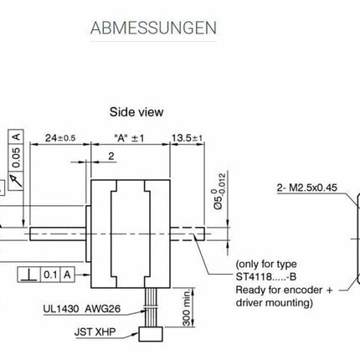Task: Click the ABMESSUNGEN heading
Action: pyautogui.click(x=153, y=28)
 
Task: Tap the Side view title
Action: pyautogui.click(x=136, y=111)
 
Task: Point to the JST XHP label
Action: pyautogui.click(x=95, y=333)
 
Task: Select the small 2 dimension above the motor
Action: pyautogui.click(x=112, y=156)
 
